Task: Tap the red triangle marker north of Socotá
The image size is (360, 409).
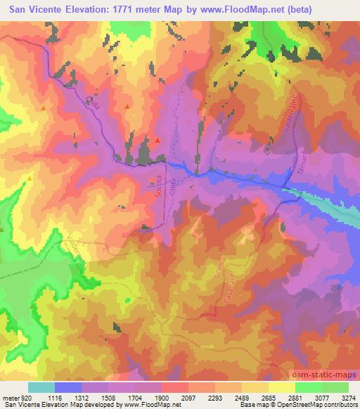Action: point(157,141)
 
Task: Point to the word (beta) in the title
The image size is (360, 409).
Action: point(332,8)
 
